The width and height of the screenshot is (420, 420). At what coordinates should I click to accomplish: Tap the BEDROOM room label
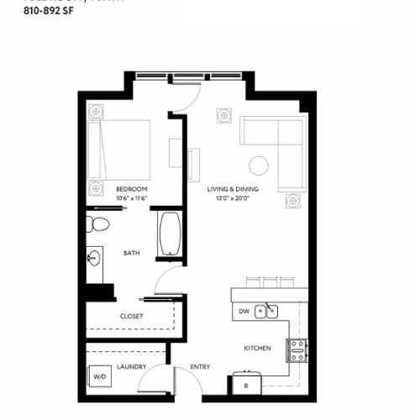pos(131,189)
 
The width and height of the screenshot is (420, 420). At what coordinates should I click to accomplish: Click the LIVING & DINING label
pos(233,189)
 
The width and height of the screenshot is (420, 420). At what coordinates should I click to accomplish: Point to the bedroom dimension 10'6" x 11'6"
pos(131,198)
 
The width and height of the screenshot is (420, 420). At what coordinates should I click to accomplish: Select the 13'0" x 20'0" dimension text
pos(233,198)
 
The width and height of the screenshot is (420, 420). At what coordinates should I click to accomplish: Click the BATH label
pos(131,253)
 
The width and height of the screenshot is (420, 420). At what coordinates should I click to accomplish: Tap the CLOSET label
pos(131,317)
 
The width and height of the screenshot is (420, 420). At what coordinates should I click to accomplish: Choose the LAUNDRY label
pos(132,366)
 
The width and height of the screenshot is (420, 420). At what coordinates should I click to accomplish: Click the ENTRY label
pos(200,366)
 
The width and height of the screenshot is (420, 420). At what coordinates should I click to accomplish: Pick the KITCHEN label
pos(257,348)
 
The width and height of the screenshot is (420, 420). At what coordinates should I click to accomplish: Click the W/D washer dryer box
pos(99,377)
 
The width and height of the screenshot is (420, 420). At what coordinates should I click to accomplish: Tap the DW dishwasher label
pos(244,312)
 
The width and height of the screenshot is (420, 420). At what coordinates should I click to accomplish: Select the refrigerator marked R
pos(245,385)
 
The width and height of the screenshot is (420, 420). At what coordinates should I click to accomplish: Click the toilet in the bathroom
pos(98,224)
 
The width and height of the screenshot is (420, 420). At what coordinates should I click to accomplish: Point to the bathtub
pos(171,234)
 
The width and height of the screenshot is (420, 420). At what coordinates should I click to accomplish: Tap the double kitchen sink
pos(267,312)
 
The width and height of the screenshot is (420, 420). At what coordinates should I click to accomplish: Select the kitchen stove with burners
pos(297,349)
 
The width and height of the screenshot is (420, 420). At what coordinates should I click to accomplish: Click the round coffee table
pos(258,165)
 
